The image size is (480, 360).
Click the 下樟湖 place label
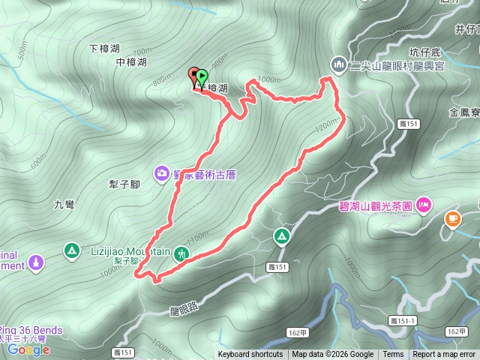(x=104, y=49)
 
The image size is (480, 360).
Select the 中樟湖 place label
(x=131, y=62)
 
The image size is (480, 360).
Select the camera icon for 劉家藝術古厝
(x=162, y=174)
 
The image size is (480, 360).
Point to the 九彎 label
(x=64, y=204)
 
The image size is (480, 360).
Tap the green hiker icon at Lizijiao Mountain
(x=181, y=253)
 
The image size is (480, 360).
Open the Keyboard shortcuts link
(x=250, y=355)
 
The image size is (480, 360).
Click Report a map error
(x=445, y=355)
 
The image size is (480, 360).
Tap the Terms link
(x=393, y=355)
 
